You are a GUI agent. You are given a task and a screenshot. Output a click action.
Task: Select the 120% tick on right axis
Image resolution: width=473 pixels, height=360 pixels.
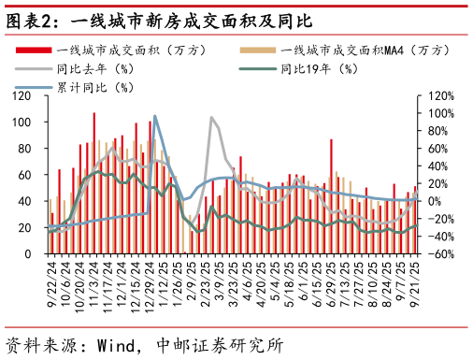(x=441, y=96)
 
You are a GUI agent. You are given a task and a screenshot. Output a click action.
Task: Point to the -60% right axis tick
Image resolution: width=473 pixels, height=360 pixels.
(x=441, y=253)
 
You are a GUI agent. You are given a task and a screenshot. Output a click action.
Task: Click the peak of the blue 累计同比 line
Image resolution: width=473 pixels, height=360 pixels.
(x=154, y=116)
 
